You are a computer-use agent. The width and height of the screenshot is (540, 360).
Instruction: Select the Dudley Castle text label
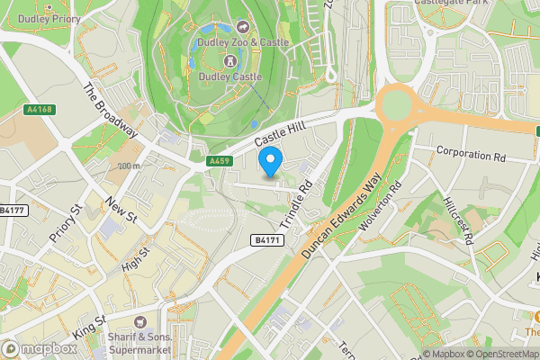[230, 77]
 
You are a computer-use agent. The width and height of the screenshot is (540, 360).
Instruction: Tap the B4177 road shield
[12, 211]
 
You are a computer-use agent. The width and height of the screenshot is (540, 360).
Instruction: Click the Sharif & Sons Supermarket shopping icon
[139, 322]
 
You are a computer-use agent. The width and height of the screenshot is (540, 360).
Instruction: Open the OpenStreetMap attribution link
[499, 354]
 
